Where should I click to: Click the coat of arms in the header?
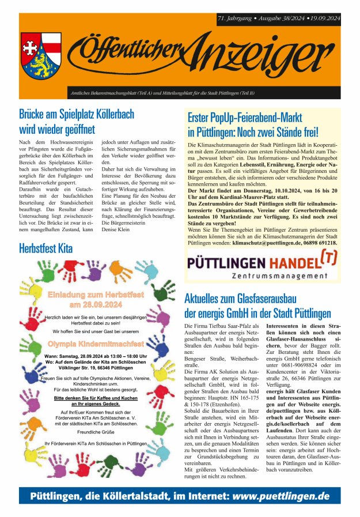(x=41, y=56)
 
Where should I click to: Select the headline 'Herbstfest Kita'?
(x=46, y=249)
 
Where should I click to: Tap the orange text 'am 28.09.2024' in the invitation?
(x=96, y=304)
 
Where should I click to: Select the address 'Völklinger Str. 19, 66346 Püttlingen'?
(x=96, y=368)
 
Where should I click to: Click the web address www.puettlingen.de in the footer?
(x=282, y=496)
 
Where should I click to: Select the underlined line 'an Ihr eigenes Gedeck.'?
(x=96, y=405)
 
